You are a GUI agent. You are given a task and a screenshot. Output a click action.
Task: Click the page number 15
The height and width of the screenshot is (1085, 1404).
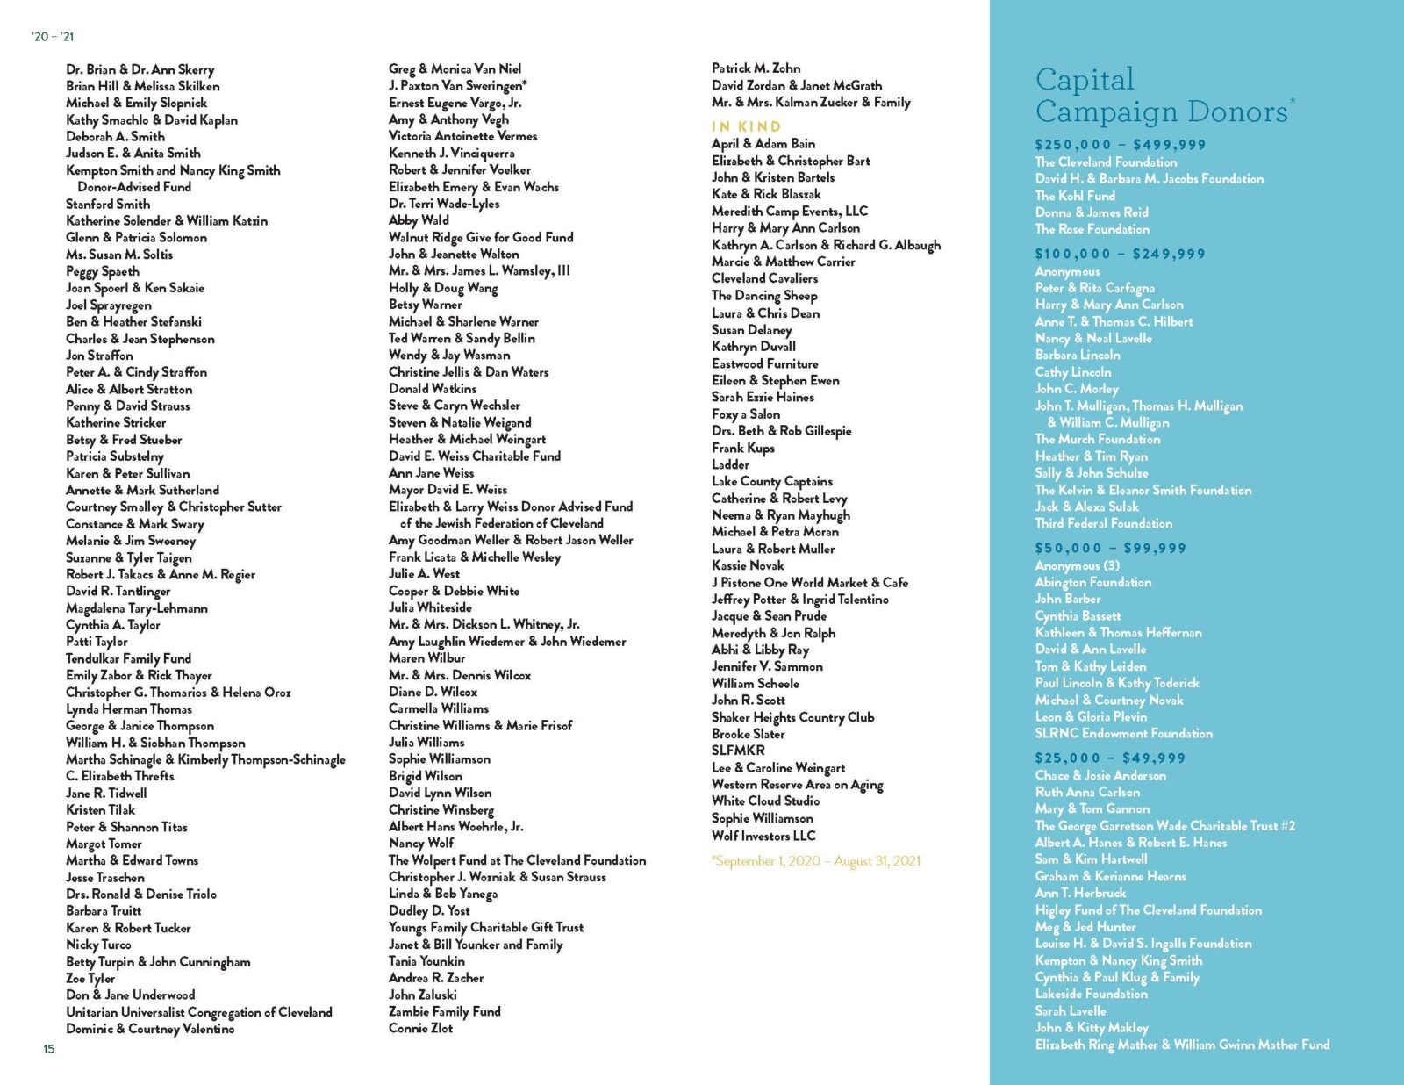coord(49,1048)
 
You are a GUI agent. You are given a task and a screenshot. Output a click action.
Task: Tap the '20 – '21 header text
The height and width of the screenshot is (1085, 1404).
coord(53,37)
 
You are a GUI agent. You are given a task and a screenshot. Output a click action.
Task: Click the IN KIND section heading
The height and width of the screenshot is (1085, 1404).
coord(746,126)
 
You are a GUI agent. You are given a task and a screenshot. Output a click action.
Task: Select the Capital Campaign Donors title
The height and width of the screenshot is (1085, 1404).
coord(1163,96)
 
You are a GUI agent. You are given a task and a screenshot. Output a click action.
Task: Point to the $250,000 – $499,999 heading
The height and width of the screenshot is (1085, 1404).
coord(1120,145)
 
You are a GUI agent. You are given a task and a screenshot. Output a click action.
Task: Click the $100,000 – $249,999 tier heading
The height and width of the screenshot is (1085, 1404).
coord(1120,254)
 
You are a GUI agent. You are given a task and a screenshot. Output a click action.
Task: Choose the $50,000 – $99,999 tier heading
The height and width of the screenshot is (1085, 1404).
coord(1110,548)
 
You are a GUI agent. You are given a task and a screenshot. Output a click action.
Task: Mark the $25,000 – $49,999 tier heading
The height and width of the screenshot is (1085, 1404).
coord(1110,758)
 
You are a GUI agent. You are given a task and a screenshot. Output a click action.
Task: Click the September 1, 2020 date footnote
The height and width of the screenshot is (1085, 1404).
coord(817,861)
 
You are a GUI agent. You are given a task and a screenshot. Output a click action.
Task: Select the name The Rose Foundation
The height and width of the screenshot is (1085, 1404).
coord(1092,229)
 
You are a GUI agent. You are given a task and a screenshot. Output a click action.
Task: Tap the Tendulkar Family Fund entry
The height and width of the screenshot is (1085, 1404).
coord(128,658)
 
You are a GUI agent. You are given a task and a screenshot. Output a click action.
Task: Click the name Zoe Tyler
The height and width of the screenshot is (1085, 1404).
coord(90,978)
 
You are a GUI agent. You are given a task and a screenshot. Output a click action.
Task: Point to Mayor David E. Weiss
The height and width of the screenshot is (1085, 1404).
coord(448,489)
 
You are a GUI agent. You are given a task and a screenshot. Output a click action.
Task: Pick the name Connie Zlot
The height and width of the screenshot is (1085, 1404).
coord(420,1028)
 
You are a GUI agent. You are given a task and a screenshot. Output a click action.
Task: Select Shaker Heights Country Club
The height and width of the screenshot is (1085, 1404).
coord(792,717)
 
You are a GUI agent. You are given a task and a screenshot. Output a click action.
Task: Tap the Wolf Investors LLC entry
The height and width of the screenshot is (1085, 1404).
coord(763,836)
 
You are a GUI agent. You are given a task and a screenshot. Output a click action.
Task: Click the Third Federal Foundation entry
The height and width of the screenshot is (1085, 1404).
coord(1103,523)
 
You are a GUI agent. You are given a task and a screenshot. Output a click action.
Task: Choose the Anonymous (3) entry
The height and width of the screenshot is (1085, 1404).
coord(1077,565)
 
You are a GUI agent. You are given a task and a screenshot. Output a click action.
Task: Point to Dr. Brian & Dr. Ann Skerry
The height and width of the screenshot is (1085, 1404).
coord(140,69)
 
